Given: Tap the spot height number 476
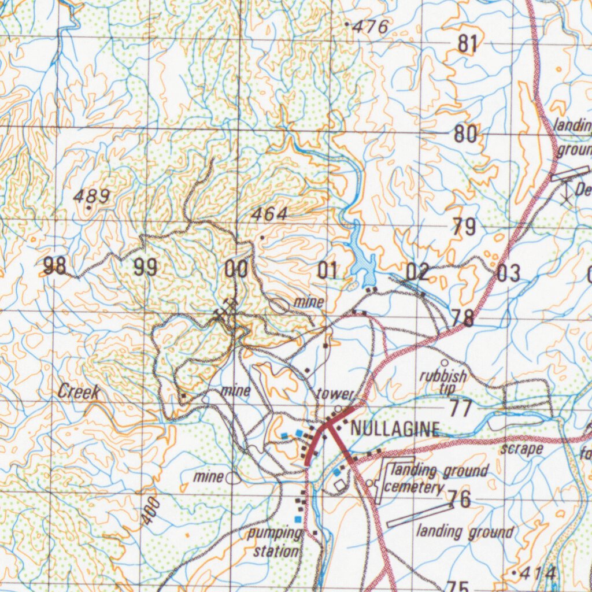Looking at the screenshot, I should [371, 27].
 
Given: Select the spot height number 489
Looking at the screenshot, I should [91, 197].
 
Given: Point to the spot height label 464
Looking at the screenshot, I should [269, 214].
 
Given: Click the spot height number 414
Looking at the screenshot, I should [538, 573].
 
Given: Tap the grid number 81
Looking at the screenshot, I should [468, 44].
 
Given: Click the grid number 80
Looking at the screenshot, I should [465, 135].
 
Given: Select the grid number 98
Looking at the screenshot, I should [55, 266].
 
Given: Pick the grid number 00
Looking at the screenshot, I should [236, 269].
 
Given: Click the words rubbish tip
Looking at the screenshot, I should [443, 381].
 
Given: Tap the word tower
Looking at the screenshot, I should [334, 394].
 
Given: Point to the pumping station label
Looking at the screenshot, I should [276, 542].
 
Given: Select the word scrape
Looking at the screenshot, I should [521, 449].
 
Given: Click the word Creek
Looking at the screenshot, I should [79, 392].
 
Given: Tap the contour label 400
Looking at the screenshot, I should [150, 512].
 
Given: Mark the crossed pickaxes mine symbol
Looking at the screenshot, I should [226, 309].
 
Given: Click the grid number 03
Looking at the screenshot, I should [508, 273].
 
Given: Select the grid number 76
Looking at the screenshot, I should [462, 499].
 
